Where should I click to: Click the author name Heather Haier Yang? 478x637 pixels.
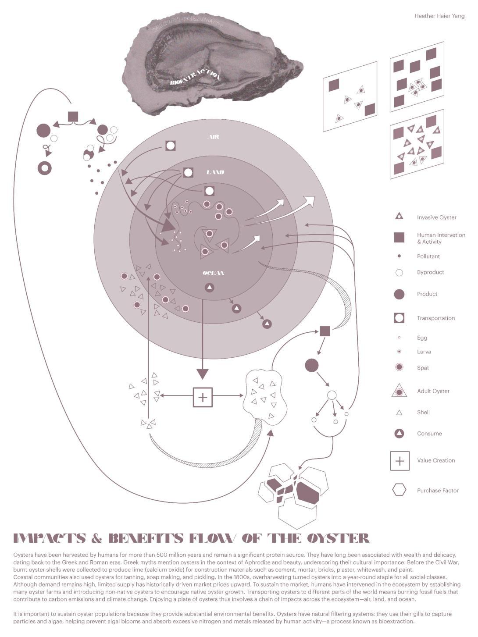coord(439,16)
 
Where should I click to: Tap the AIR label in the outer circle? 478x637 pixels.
coord(213,137)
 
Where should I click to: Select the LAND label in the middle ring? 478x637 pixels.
coord(215,172)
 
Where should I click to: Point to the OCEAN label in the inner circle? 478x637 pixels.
coord(214,273)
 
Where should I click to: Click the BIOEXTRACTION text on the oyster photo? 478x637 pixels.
coord(195,78)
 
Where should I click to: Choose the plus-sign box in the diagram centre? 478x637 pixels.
coord(203,397)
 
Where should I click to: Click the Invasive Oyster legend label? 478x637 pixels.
coord(436,217)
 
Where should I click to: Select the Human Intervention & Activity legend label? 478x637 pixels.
coord(441,238)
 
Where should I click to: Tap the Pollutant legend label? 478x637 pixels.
coord(428,256)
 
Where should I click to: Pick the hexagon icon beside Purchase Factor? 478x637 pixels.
coord(399,490)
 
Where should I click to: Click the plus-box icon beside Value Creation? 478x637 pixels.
coord(400,461)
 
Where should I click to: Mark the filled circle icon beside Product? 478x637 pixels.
coord(399,294)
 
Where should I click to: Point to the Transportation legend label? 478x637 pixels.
coord(435,318)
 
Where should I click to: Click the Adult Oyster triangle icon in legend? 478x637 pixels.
coord(399,391)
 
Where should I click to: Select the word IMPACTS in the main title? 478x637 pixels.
coord(49,538)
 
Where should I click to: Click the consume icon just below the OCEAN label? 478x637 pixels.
coord(210,288)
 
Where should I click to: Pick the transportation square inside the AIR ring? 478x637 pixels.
coord(171,146)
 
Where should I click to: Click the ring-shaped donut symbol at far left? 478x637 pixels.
coord(45,168)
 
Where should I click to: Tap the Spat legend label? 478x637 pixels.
coord(423,368)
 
